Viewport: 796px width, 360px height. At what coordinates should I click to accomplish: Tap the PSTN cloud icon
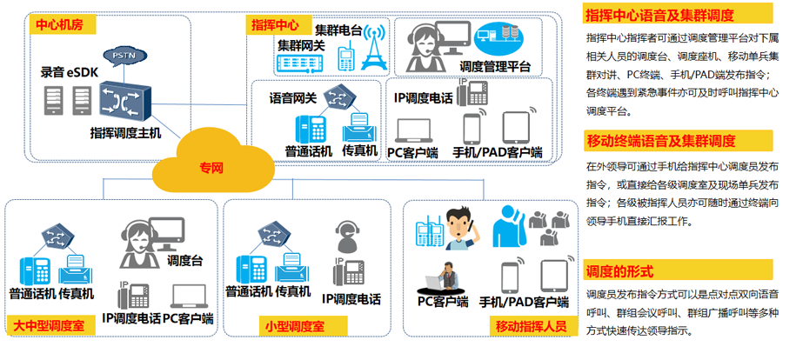click(x=119, y=58)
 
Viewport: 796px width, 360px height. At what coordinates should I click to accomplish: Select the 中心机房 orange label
click(x=58, y=24)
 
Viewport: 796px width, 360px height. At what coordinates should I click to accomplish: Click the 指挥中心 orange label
click(x=274, y=24)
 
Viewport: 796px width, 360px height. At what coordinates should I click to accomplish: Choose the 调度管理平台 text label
click(x=494, y=66)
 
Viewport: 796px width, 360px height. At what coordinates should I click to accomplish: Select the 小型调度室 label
click(x=295, y=327)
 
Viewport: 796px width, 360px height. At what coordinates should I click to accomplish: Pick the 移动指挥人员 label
click(x=531, y=327)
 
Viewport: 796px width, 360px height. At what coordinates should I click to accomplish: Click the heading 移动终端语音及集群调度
click(x=661, y=141)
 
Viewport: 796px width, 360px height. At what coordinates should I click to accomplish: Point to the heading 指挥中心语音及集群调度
click(x=661, y=16)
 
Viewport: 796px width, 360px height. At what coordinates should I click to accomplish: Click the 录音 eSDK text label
click(x=70, y=72)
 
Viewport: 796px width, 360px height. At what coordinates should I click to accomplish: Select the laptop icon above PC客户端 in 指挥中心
click(x=415, y=130)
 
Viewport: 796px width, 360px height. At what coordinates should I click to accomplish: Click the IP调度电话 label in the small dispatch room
click(x=351, y=299)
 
